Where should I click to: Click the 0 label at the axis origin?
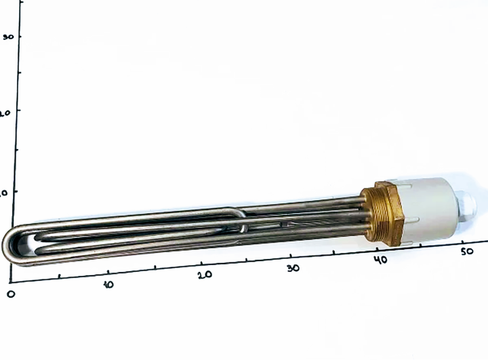click(11, 294)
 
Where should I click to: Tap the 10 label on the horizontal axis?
click(108, 284)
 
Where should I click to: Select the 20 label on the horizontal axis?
click(205, 275)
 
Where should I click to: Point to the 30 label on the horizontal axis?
click(293, 268)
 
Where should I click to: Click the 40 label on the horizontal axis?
click(380, 260)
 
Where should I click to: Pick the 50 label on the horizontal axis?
click(467, 251)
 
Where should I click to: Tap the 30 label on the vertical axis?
click(8, 37)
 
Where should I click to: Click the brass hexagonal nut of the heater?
click(389, 214)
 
